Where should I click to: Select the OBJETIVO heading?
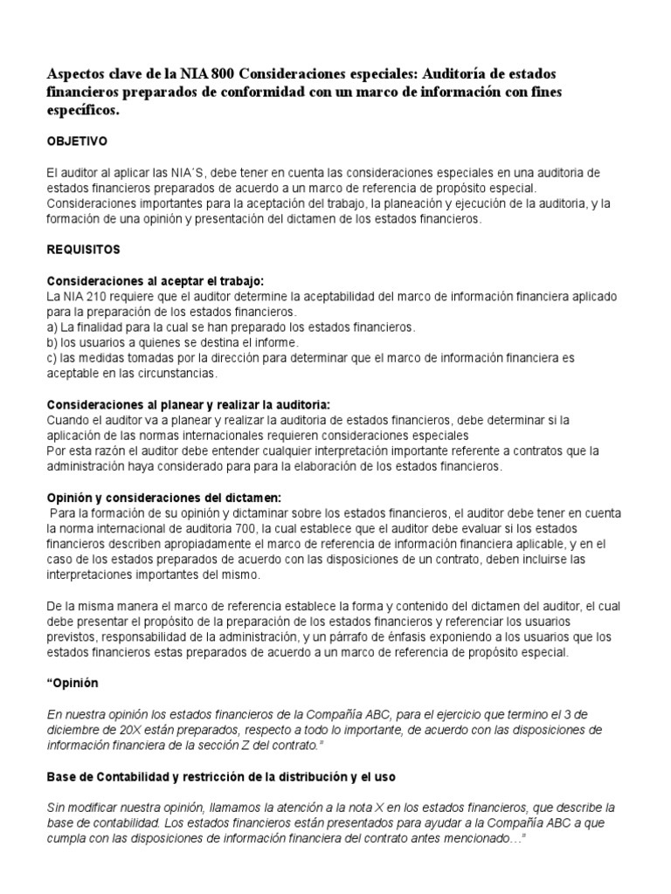click(x=77, y=140)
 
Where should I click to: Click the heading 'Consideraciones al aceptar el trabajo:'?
click(x=155, y=281)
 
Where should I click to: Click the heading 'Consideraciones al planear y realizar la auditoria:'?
click(x=188, y=404)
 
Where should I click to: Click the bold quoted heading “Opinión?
click(x=74, y=684)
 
